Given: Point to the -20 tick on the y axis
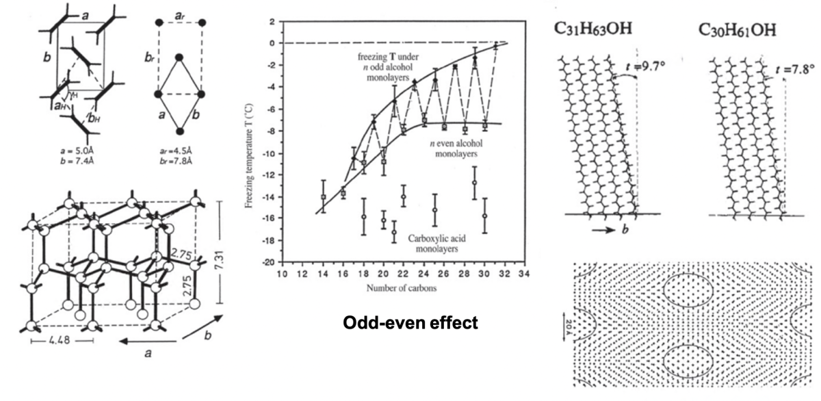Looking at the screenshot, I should point(268,263).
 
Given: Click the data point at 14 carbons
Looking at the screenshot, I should point(323,197).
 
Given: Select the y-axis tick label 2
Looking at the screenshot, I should point(271,22).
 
